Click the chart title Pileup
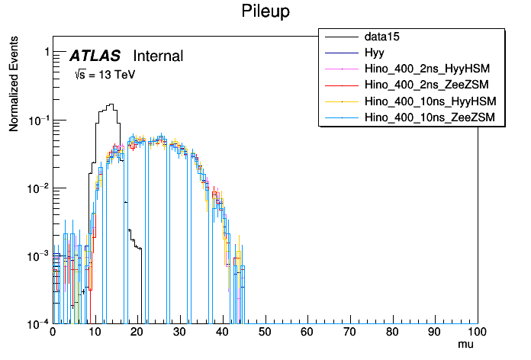[x=265, y=11]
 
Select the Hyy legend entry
[x=374, y=53]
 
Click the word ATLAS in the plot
[x=95, y=56]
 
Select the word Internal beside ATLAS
[x=158, y=56]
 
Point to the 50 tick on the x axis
[x=265, y=333]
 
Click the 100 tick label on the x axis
[x=477, y=333]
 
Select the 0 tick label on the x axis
[x=53, y=333]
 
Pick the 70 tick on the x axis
[x=349, y=333]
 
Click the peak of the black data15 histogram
[x=111, y=104]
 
